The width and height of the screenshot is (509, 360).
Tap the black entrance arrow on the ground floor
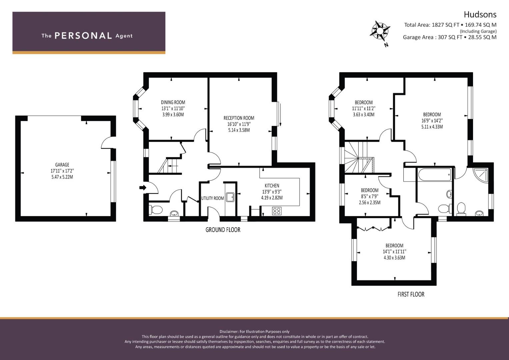[x=143, y=187]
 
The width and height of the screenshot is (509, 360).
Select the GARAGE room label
[x=62, y=165]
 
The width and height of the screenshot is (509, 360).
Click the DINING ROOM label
[x=173, y=102]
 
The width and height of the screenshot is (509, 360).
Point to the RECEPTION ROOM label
[x=239, y=118]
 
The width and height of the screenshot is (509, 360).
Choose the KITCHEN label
[x=272, y=185]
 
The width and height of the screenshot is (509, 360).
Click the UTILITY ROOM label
[x=212, y=198]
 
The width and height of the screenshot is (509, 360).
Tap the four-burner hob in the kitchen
[x=277, y=211]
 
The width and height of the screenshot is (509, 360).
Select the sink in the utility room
[x=230, y=197]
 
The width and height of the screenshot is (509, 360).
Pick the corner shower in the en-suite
[x=480, y=175]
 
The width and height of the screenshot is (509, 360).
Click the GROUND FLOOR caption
[x=223, y=230]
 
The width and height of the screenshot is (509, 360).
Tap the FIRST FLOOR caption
[x=411, y=294]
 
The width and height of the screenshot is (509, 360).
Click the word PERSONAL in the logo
[x=83, y=36]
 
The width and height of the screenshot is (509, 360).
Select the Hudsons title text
[x=480, y=15]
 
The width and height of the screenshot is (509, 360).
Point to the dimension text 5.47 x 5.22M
[x=62, y=177]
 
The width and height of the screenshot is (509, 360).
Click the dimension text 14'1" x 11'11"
[x=394, y=252]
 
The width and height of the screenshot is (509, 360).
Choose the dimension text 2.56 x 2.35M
[x=370, y=202]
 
